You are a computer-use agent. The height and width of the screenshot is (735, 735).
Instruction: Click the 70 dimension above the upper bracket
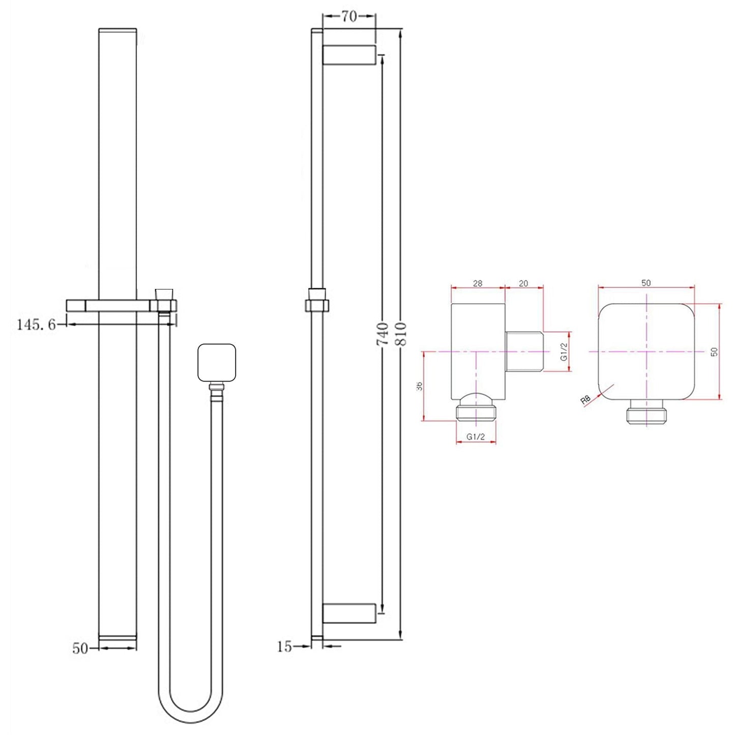click(348, 17)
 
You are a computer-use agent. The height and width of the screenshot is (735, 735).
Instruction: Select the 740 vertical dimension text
click(383, 334)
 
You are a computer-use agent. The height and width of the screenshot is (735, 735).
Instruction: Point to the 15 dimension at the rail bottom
click(285, 646)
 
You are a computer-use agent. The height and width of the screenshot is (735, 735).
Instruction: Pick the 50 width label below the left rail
click(80, 649)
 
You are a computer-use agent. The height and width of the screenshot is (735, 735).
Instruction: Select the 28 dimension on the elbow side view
click(477, 283)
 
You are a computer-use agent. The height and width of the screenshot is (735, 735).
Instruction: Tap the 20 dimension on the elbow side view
click(523, 283)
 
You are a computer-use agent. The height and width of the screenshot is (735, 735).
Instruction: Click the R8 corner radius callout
click(585, 400)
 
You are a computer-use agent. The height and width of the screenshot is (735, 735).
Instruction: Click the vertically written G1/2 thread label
click(564, 351)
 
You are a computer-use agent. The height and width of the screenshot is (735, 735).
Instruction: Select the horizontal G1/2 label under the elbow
click(476, 437)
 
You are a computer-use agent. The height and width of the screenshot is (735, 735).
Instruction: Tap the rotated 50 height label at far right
click(715, 351)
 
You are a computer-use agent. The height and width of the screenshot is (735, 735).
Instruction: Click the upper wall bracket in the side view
click(349, 55)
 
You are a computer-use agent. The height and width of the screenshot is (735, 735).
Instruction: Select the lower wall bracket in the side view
click(349, 613)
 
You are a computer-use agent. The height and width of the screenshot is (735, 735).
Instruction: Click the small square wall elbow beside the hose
click(217, 363)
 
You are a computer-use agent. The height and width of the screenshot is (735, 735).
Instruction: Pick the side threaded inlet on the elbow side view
click(524, 351)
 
